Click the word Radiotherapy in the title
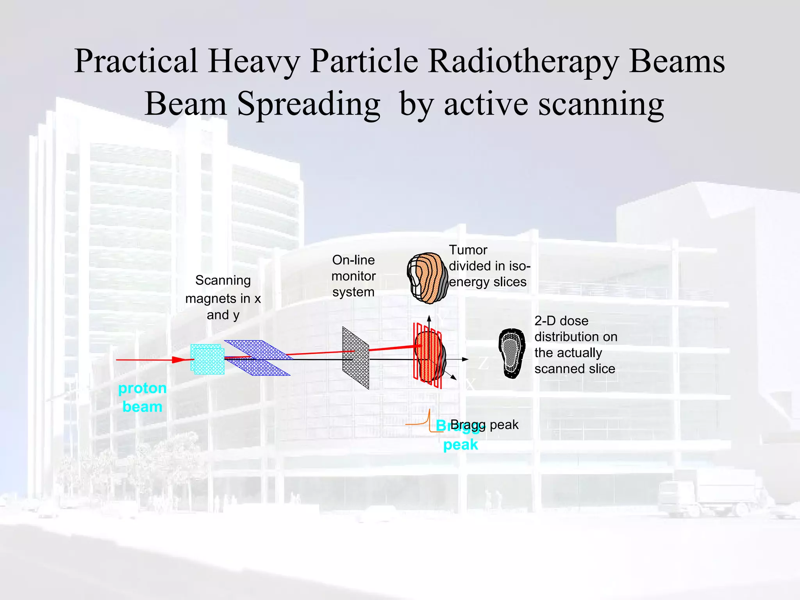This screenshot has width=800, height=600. [523, 62]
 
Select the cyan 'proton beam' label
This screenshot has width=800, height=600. [142, 397]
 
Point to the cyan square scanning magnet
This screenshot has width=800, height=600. [207, 359]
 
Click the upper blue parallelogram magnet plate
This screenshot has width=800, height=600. [258, 349]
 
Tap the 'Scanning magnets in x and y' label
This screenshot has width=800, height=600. [223, 298]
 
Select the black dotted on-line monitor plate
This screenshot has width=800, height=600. [355, 357]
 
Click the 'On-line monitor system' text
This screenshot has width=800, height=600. [354, 276]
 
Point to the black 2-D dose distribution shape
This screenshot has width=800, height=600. [512, 354]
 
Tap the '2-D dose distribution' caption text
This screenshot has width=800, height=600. [575, 345]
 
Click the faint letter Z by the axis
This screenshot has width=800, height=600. [483, 363]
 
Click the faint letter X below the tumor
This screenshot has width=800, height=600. [470, 385]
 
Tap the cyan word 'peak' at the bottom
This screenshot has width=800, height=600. [461, 445]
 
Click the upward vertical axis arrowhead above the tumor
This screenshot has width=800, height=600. [429, 318]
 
